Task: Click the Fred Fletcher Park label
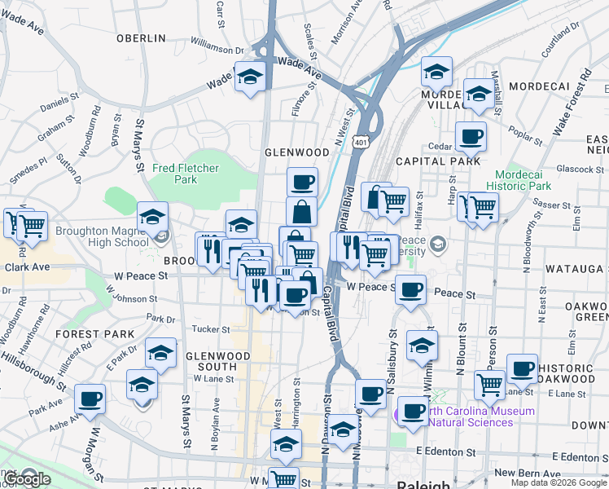(x=174, y=173)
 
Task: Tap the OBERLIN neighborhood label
(x=141, y=38)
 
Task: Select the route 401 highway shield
(x=360, y=142)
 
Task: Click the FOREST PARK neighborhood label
(x=94, y=334)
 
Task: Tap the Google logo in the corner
(x=27, y=479)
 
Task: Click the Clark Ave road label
(x=28, y=267)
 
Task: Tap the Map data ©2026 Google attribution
(x=559, y=482)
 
